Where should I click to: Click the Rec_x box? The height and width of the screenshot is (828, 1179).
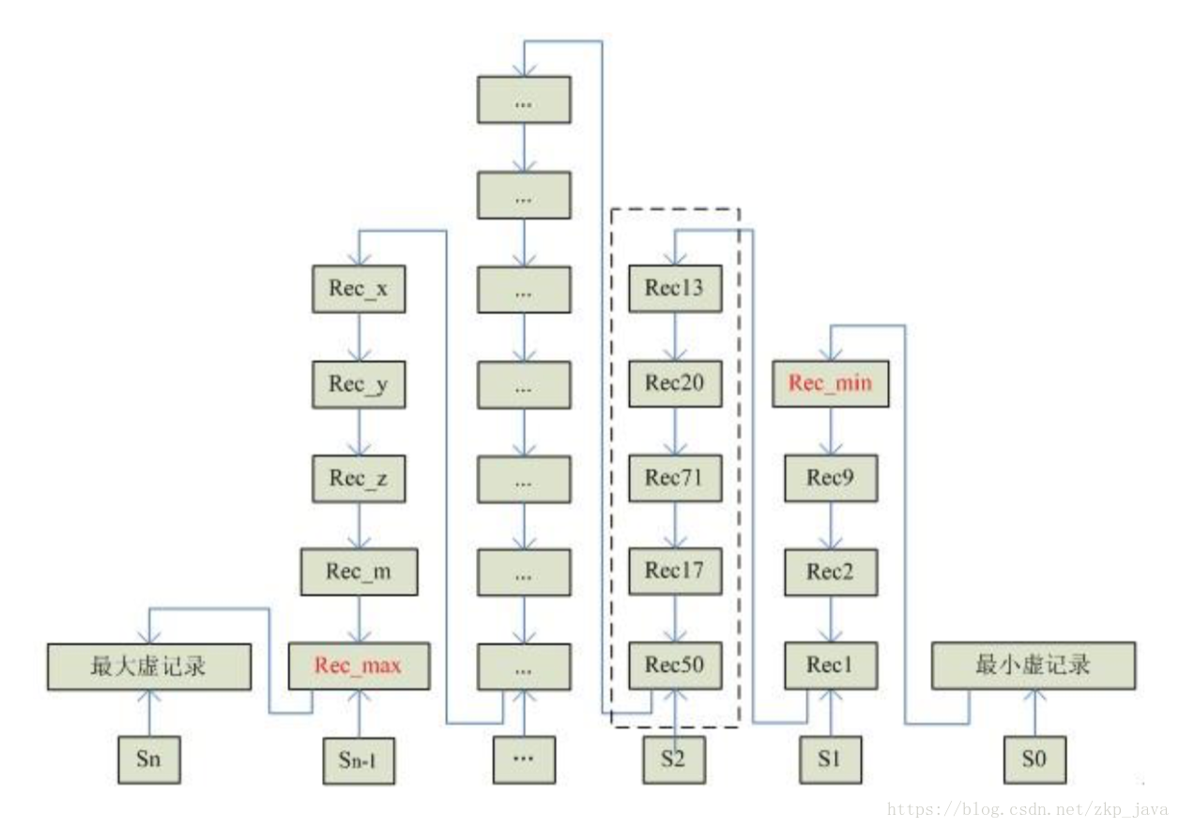click(359, 289)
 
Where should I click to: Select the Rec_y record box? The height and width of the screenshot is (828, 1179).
click(359, 383)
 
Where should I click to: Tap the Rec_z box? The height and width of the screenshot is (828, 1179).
click(359, 477)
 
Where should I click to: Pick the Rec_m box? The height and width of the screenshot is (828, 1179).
click(359, 571)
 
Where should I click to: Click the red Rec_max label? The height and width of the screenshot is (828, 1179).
click(359, 666)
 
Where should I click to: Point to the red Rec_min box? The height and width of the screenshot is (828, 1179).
click(830, 383)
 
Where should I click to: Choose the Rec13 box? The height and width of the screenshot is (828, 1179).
click(674, 289)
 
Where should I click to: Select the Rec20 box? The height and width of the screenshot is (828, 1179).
click(674, 383)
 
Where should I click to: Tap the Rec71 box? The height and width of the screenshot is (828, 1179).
click(674, 477)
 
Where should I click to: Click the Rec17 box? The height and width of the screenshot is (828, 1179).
click(674, 571)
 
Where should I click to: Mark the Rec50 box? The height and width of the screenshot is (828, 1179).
click(674, 666)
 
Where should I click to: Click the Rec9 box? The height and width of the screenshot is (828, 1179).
click(830, 477)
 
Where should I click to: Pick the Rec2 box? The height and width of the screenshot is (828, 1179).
click(830, 571)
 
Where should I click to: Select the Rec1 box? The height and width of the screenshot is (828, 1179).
click(830, 666)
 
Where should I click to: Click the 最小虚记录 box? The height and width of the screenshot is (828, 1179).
click(1034, 666)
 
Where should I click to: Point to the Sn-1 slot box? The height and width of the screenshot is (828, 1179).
click(359, 760)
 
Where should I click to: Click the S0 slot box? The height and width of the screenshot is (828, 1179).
click(1034, 759)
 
